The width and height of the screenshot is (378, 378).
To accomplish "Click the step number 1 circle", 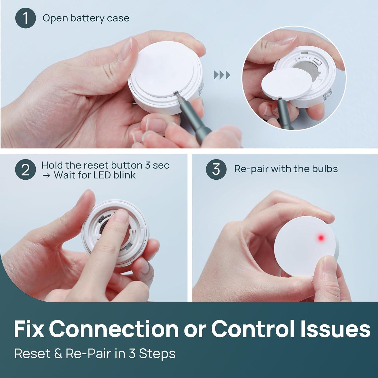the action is [25, 18].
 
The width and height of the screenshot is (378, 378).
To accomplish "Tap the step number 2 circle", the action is [25, 170].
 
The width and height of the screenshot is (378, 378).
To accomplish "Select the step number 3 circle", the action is [216, 169].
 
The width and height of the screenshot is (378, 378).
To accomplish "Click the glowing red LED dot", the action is [321, 237].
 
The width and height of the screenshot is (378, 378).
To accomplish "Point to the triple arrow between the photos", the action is [222, 75].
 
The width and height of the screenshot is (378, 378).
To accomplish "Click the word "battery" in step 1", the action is [83, 18].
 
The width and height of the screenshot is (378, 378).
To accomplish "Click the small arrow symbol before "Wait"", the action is [46, 175].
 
